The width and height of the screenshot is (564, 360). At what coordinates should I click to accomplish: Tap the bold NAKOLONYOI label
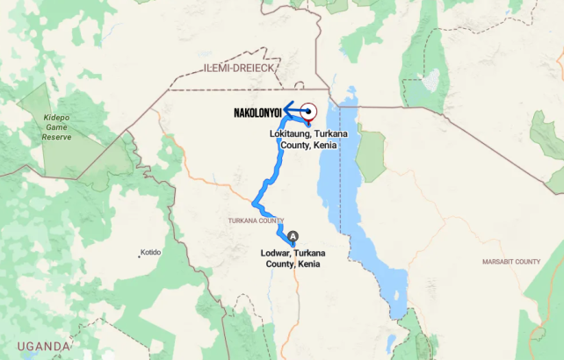[x=257, y=113]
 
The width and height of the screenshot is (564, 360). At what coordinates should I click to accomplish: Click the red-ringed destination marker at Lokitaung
[x=309, y=112]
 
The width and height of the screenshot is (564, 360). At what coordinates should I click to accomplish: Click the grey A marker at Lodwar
[x=293, y=236]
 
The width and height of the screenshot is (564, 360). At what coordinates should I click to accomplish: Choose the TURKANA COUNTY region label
[x=256, y=220]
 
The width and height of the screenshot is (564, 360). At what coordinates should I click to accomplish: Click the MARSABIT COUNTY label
[x=510, y=262]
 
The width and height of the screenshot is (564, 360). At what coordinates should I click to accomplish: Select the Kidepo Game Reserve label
[x=56, y=126]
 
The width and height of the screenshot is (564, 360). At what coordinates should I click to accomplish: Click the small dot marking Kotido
[x=139, y=256]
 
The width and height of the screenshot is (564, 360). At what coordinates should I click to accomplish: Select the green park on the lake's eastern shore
[x=371, y=154]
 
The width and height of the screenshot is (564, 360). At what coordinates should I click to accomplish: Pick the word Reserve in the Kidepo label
[x=56, y=137]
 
